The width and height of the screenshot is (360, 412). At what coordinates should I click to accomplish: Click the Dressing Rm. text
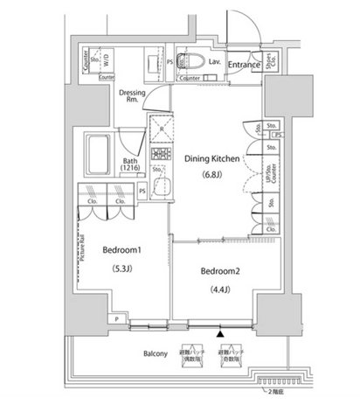pos(132,95)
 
